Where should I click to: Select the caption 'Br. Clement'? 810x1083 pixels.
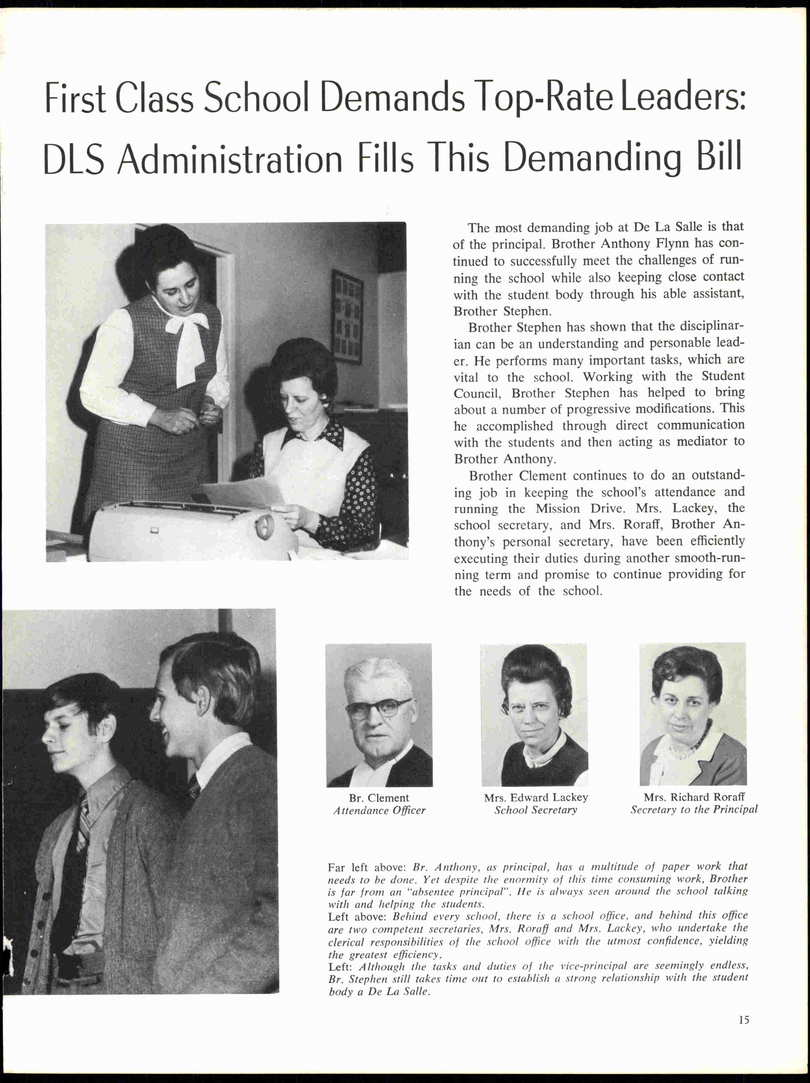click(379, 798)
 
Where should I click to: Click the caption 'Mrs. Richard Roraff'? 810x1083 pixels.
click(694, 797)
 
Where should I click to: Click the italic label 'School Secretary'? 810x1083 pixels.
click(536, 810)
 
